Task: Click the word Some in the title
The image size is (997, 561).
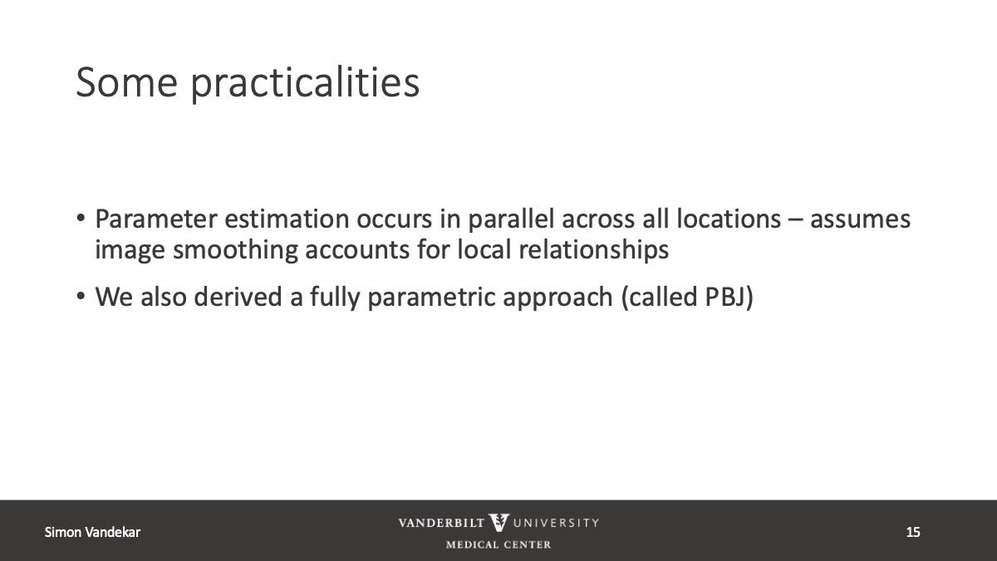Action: (x=127, y=82)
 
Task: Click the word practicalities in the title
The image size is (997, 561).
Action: (x=306, y=85)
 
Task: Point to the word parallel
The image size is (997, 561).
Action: (x=511, y=219)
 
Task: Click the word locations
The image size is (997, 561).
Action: (x=729, y=219)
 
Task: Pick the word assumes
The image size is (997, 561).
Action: (x=860, y=220)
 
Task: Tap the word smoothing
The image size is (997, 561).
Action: (x=235, y=249)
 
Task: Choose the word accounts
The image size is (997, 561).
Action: (x=357, y=250)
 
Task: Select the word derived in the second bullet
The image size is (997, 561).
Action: (x=238, y=297)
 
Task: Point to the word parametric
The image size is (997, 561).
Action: (x=432, y=298)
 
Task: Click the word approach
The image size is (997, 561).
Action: (x=557, y=298)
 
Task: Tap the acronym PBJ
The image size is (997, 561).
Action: (x=725, y=297)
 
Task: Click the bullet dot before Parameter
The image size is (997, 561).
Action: (x=81, y=219)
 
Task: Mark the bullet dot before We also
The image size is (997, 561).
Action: (x=81, y=296)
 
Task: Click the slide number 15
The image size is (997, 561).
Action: (x=913, y=532)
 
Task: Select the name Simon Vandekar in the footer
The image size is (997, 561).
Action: (x=92, y=532)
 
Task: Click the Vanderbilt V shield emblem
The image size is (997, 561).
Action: (x=498, y=523)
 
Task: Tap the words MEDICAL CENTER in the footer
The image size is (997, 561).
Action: (x=498, y=544)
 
